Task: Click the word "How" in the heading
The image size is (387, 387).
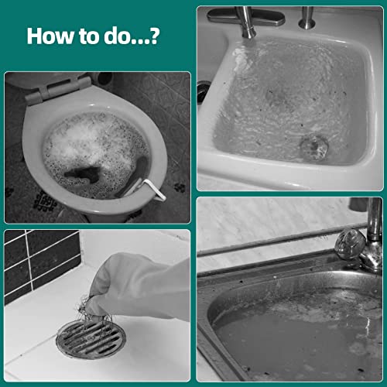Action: [x=48, y=36]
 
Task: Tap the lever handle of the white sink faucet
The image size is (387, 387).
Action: [x=232, y=15]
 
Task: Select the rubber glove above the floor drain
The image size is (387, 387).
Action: [x=147, y=286]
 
